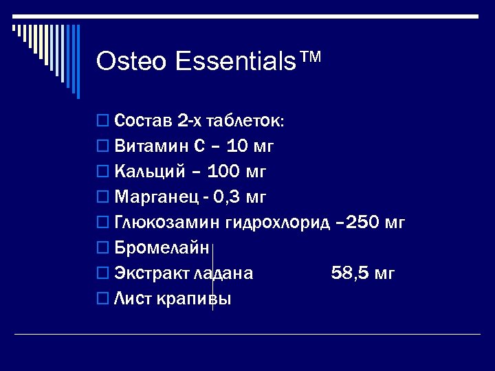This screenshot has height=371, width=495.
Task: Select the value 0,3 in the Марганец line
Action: pos(226,197)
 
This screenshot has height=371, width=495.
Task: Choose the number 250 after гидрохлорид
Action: pos(364,223)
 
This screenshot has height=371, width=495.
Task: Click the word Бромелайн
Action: pos(161,248)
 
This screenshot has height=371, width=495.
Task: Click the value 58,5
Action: pos(348,273)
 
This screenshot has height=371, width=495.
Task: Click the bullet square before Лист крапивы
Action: pos(102,299)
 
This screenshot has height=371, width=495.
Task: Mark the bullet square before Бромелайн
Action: pos(102,248)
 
